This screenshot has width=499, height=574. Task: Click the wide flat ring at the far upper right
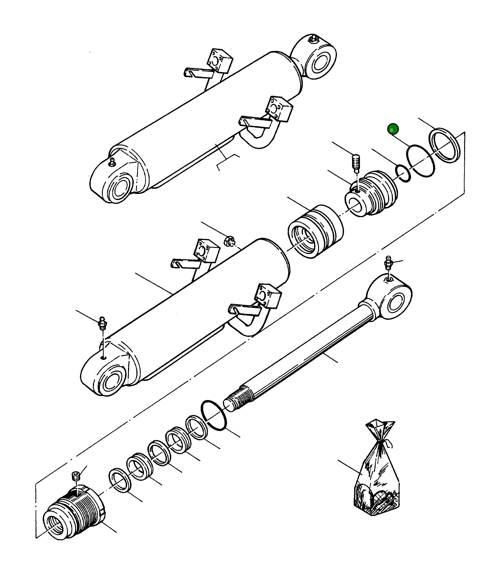coord(445,145)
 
